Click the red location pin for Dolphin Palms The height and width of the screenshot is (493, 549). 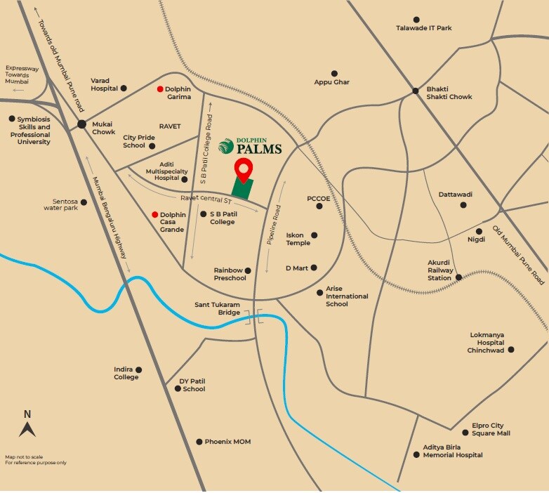click(243, 169)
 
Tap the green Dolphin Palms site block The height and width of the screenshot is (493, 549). click(242, 188)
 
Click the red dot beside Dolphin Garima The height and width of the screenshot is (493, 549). click(160, 89)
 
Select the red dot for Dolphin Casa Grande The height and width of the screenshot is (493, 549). click(154, 214)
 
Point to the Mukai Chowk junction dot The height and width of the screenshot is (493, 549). click(82, 124)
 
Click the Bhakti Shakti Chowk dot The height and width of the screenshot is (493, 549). click(416, 90)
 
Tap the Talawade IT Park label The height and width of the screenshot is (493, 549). click(423, 28)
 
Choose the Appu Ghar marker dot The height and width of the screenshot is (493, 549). click(334, 73)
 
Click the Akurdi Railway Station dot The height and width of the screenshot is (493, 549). click(458, 277)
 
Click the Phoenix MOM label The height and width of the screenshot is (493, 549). click(227, 442)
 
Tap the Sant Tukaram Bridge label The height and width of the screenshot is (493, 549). click(218, 308)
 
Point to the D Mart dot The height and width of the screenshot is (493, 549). click(314, 268)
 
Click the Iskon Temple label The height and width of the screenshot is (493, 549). click(298, 239)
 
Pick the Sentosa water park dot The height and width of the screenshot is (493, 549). click(84, 202)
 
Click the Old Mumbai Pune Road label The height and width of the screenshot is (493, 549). click(519, 254)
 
